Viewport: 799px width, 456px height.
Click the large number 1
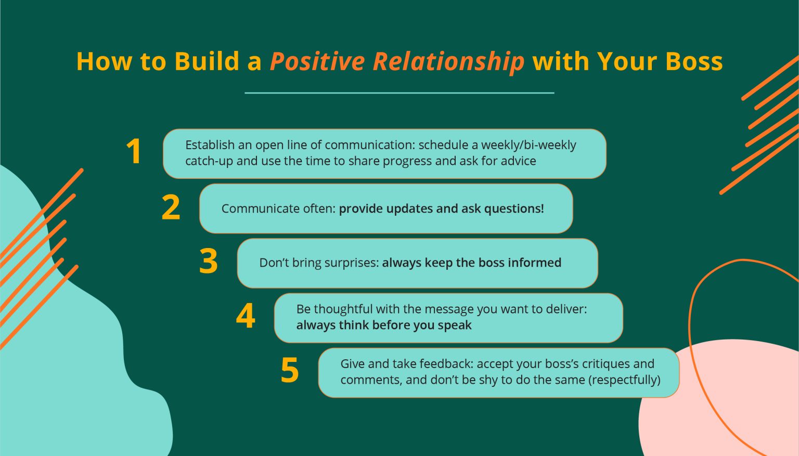click(134, 152)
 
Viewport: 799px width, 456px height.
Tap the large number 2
click(171, 207)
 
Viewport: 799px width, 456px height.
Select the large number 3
click(209, 262)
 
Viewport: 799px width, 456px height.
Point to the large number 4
click(246, 316)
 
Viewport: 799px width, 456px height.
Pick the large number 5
click(290, 371)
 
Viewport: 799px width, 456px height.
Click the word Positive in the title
click(317, 61)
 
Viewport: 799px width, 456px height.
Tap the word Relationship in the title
click(448, 61)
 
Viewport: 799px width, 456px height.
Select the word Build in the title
click(207, 61)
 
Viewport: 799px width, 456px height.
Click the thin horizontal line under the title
click(399, 93)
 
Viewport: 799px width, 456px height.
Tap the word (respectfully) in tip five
click(624, 380)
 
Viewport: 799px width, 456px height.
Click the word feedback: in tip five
click(446, 364)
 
